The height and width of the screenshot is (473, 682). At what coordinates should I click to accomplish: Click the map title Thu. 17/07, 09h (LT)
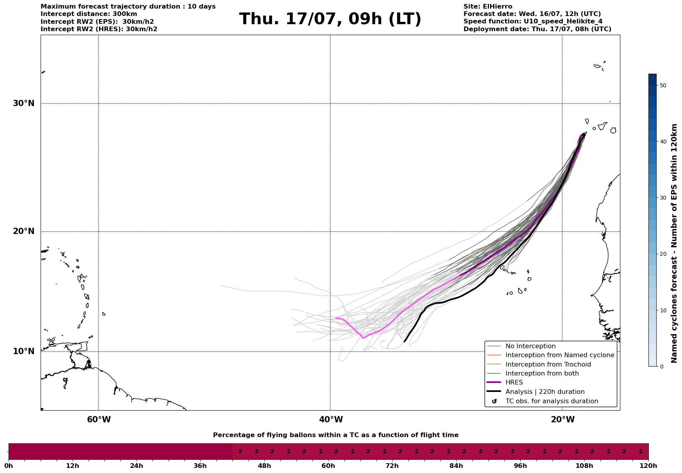tap(330, 19)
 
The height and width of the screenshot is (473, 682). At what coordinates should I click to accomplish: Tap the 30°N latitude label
tap(24, 103)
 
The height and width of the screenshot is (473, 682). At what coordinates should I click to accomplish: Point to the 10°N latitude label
tap(24, 351)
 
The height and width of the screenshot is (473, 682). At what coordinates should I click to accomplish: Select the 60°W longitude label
tap(99, 420)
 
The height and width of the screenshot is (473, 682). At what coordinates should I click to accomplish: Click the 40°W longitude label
tap(331, 420)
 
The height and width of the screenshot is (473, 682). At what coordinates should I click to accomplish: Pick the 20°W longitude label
tap(563, 420)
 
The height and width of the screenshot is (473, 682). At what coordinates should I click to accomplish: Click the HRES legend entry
tap(514, 383)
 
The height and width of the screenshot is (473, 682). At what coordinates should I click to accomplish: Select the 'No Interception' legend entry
tap(530, 346)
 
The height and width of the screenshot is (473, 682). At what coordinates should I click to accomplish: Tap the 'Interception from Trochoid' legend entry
tap(548, 365)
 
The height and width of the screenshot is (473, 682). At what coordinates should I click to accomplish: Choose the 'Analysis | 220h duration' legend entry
tap(545, 392)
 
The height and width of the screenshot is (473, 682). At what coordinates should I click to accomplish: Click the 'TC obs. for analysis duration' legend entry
tap(551, 401)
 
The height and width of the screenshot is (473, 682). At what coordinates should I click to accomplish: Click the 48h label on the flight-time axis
tap(264, 466)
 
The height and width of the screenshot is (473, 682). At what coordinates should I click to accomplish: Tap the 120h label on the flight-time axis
tap(648, 466)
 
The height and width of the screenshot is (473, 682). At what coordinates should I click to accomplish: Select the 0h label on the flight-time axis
tap(9, 466)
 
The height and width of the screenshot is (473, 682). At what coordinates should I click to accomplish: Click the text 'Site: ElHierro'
tap(488, 7)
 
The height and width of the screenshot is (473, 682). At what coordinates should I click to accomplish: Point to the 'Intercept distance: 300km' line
tap(89, 14)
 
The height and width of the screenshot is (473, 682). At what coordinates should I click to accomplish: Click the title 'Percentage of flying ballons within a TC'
tap(336, 435)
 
